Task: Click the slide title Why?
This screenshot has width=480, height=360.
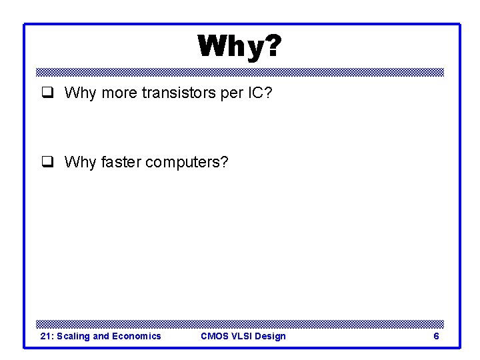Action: (239, 47)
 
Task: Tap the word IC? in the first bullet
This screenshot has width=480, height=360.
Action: (259, 93)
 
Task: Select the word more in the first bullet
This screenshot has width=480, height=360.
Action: (119, 93)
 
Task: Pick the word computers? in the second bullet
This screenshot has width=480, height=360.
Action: (187, 162)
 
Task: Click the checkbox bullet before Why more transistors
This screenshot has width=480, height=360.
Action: (47, 93)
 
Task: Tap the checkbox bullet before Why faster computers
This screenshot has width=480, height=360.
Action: (47, 162)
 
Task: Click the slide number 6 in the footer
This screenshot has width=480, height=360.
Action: (436, 336)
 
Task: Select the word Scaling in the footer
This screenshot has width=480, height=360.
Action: (73, 336)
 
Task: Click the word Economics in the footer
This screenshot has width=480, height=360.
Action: (136, 336)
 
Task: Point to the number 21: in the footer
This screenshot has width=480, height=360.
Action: (47, 336)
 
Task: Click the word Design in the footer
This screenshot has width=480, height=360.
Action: (271, 336)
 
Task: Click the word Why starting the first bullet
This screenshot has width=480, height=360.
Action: (80, 93)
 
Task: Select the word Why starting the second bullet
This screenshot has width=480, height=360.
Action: (80, 162)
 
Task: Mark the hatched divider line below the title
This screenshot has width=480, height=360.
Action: (240, 72)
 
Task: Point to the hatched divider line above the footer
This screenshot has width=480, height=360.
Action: (240, 323)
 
